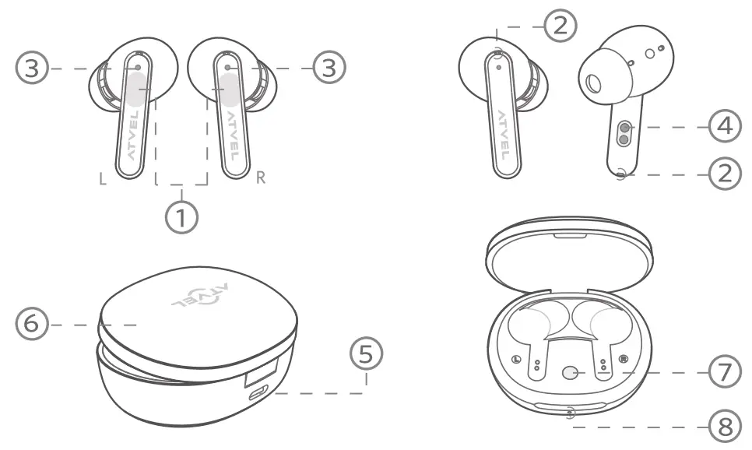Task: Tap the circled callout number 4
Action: [x=725, y=126]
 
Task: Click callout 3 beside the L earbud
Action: [x=31, y=69]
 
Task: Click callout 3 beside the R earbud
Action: [x=329, y=69]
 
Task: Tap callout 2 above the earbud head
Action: [x=560, y=26]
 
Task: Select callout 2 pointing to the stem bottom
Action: [x=725, y=173]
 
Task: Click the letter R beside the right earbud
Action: [x=262, y=178]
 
